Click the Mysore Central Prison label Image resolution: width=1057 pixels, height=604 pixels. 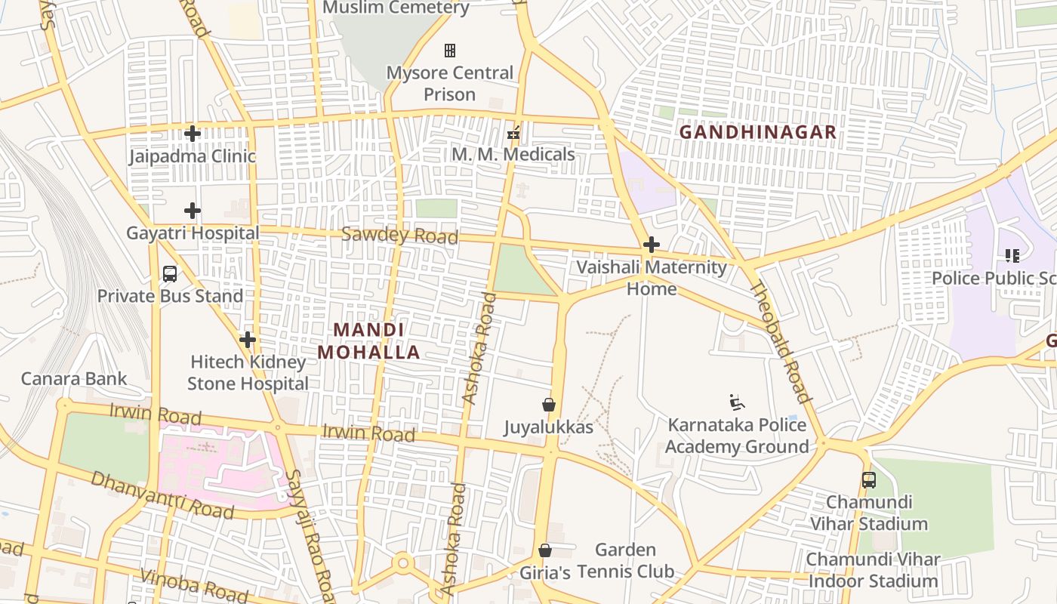click(450, 84)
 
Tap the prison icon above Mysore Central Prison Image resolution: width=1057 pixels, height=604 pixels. click(450, 51)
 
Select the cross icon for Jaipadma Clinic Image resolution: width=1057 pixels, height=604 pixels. click(193, 134)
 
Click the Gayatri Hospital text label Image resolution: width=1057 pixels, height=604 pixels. click(193, 233)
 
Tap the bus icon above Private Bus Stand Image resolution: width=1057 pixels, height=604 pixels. click(170, 274)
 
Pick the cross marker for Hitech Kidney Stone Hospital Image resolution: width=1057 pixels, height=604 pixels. click(248, 340)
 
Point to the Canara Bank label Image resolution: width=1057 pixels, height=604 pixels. click(74, 378)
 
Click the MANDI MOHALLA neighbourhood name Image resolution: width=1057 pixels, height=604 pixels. click(368, 341)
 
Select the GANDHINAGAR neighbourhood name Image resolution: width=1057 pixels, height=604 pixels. click(758, 132)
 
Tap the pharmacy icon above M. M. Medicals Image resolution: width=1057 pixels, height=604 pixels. click(513, 134)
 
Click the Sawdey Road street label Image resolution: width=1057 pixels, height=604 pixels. click(399, 236)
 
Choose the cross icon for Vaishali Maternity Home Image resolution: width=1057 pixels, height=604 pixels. click(652, 245)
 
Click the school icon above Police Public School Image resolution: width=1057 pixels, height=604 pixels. click(1012, 256)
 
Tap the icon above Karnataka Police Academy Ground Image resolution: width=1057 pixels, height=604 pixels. click(737, 403)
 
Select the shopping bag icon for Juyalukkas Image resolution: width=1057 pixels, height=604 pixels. click(549, 405)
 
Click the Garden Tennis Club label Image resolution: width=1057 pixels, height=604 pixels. click(626, 560)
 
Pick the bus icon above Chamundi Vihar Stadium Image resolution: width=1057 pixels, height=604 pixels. click(869, 480)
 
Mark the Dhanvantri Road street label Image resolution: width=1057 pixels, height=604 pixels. click(162, 495)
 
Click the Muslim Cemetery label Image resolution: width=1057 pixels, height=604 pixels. click(396, 8)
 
